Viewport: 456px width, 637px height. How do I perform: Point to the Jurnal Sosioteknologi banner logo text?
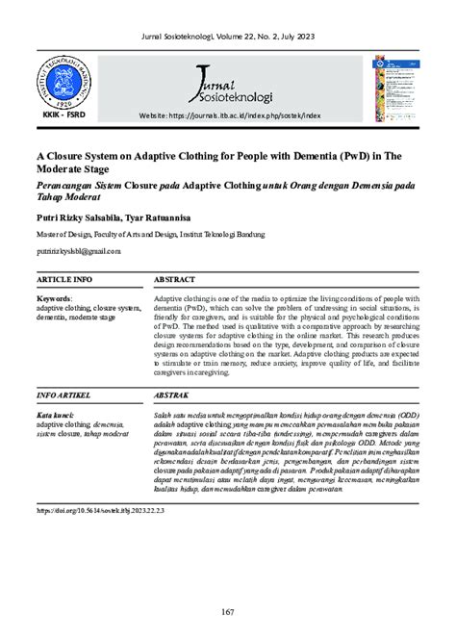point(232,84)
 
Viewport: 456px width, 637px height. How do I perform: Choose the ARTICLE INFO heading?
point(63,279)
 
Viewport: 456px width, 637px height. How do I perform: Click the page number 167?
point(228,614)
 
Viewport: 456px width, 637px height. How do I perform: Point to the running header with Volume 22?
point(228,36)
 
